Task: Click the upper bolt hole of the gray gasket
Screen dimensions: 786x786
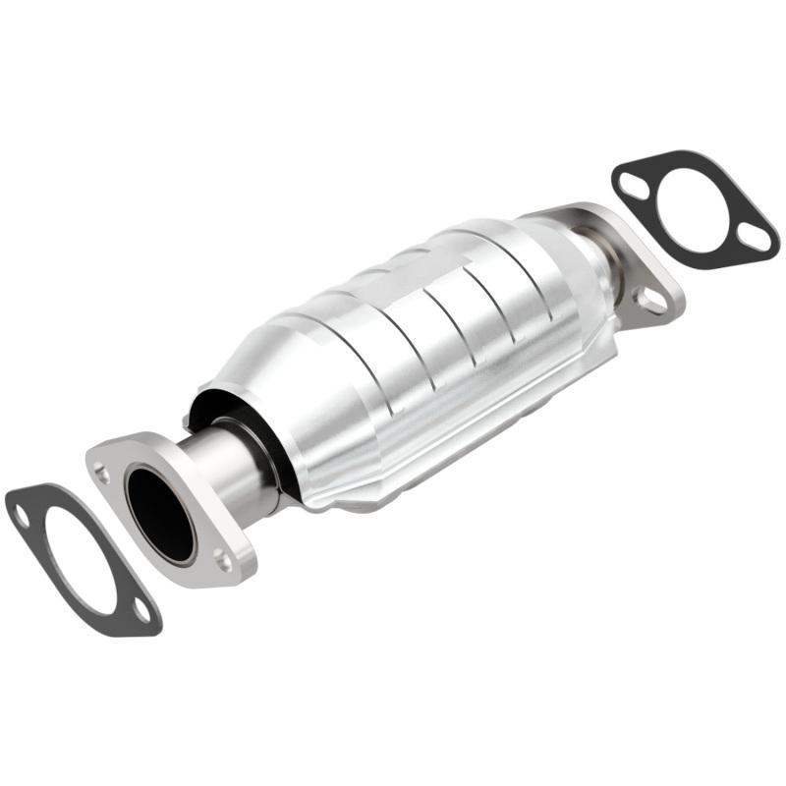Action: coord(21,511)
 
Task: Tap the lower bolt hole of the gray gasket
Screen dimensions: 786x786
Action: coord(142,610)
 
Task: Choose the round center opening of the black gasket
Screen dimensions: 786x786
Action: coord(694,209)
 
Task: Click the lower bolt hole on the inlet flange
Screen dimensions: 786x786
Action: coord(223,561)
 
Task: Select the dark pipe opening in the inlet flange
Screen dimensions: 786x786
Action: coord(160,515)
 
